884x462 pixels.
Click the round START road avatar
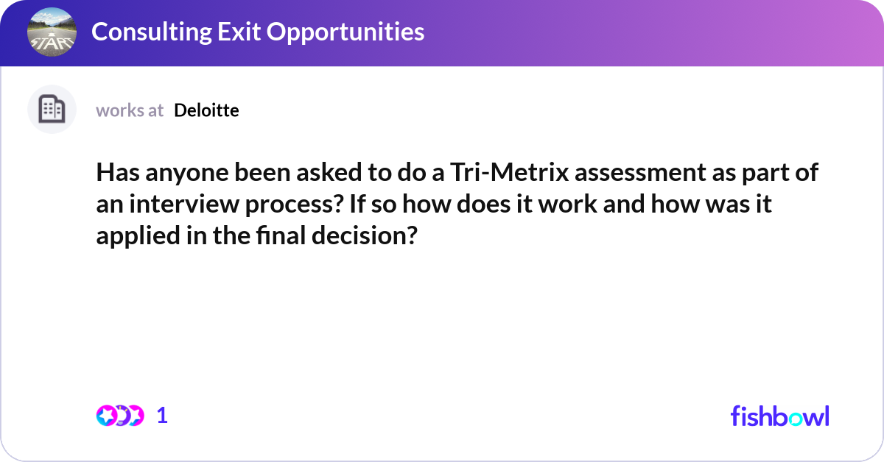52,33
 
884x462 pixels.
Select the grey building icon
52,110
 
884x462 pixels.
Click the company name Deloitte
206,110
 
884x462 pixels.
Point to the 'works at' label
130,110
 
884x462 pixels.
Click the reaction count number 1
162,416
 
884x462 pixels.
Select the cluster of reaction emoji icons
119,416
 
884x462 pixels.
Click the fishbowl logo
779,416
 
